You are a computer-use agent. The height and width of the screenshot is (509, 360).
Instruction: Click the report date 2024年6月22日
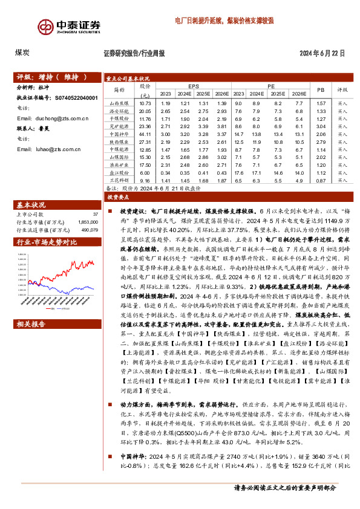click(x=322, y=53)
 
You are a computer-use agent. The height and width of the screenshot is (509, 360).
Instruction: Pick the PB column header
click(x=320, y=89)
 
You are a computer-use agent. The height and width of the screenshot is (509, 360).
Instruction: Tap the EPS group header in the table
click(x=194, y=86)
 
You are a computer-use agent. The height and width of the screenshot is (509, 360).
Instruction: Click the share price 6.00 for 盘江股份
click(x=145, y=172)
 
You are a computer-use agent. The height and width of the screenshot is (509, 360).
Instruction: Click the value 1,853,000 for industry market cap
click(x=88, y=222)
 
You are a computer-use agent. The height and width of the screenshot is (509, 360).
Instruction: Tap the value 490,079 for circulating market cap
click(x=89, y=229)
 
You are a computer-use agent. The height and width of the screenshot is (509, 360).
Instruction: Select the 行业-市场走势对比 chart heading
click(x=48, y=242)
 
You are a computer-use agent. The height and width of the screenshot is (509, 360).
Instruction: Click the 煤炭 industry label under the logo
click(x=24, y=53)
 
